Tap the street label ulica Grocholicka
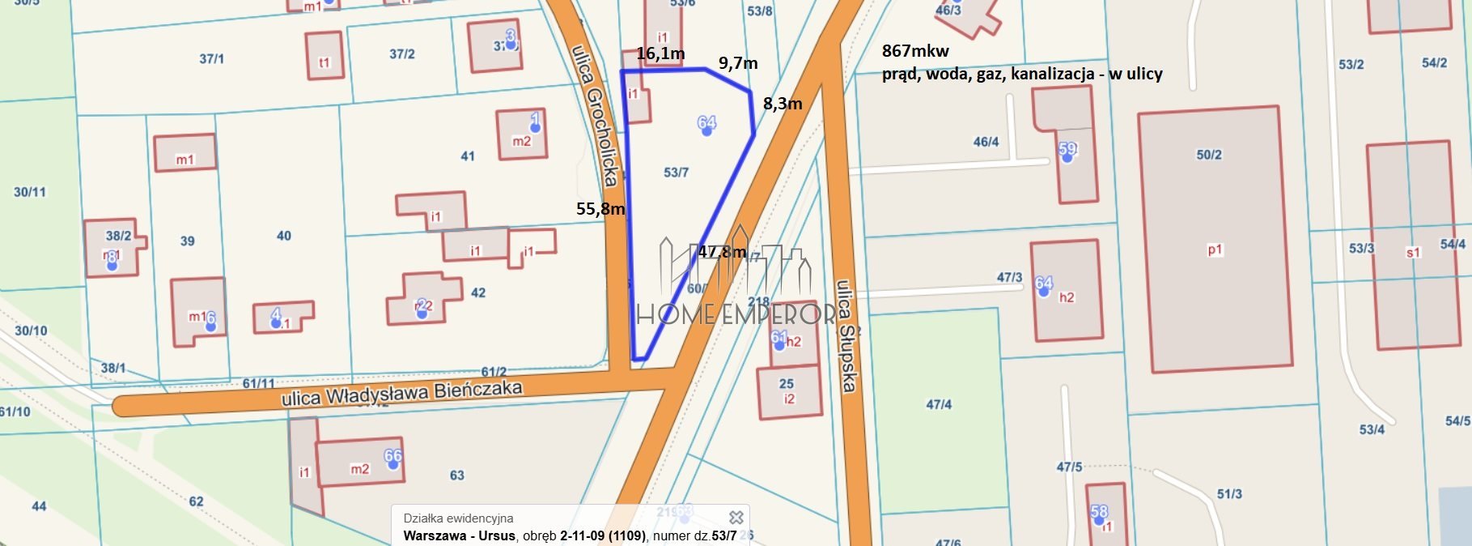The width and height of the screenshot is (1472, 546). point(596,114)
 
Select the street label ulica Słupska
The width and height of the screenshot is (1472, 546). point(846,335)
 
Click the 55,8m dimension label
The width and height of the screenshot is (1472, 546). point(600,209)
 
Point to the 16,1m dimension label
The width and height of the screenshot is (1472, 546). point(660,54)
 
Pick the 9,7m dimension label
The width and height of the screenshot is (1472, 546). point(738,63)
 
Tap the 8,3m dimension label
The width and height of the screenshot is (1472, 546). point(783,104)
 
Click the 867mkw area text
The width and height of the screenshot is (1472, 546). point(915,51)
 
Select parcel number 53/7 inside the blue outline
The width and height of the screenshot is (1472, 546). point(676,173)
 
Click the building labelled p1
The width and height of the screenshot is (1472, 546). point(1215,250)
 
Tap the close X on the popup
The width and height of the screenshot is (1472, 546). point(736,517)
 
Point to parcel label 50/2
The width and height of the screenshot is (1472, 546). point(1209,155)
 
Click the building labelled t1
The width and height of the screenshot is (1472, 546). point(325,62)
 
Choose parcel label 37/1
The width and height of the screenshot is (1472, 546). point(212,59)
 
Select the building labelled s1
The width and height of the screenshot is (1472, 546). point(1413,253)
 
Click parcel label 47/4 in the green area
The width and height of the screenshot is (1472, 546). point(939,404)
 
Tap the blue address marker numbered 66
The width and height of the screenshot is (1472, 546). point(393,457)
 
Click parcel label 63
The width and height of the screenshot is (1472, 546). point(457,476)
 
